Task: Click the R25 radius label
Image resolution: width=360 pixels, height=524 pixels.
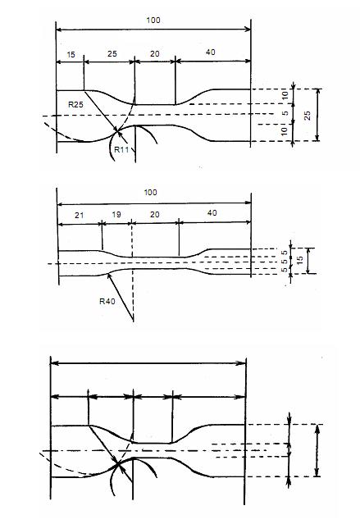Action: pyautogui.click(x=75, y=105)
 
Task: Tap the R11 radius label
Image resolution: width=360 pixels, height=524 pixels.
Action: pyautogui.click(x=121, y=149)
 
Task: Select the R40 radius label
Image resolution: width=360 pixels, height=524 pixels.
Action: pyautogui.click(x=107, y=302)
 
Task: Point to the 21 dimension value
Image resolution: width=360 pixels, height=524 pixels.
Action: pyautogui.click(x=80, y=215)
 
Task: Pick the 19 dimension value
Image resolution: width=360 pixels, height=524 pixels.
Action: pyautogui.click(x=116, y=214)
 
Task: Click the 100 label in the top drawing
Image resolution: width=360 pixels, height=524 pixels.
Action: pyautogui.click(x=153, y=20)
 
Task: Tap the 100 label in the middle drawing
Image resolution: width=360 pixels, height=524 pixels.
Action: pyautogui.click(x=150, y=193)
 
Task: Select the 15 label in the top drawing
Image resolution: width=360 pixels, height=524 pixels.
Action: pyautogui.click(x=71, y=54)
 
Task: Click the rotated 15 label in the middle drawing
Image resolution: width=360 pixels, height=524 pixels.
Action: pyautogui.click(x=300, y=260)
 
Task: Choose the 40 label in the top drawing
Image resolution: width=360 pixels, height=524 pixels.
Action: pyautogui.click(x=211, y=52)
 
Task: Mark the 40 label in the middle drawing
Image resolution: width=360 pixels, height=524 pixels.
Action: pyautogui.click(x=212, y=213)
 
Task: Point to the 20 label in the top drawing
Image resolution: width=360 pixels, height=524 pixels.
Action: pyautogui.click(x=154, y=54)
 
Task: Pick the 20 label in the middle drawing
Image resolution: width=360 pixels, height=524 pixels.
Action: pyautogui.click(x=154, y=214)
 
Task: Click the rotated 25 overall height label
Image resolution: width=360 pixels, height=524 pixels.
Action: pyautogui.click(x=308, y=116)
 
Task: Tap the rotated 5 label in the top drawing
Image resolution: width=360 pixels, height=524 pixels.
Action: pyautogui.click(x=285, y=113)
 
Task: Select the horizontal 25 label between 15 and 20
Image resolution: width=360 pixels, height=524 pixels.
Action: pyautogui.click(x=112, y=54)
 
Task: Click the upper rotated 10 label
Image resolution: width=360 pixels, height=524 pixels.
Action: pyautogui.click(x=285, y=95)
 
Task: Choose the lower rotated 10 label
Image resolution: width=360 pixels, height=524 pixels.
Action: pyautogui.click(x=285, y=131)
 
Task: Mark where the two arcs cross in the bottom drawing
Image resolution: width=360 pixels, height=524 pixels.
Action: pyautogui.click(x=117, y=463)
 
